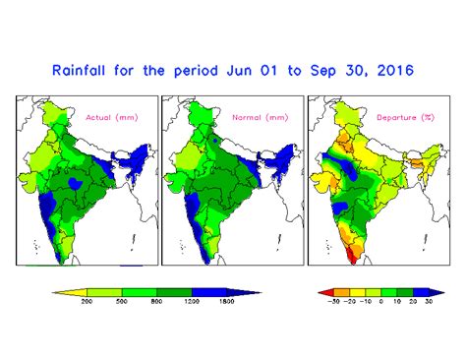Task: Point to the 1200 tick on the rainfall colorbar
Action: pyautogui.click(x=191, y=302)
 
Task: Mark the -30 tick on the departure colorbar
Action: pyautogui.click(x=335, y=302)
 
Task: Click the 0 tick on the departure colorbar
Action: pyautogui.click(x=380, y=302)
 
